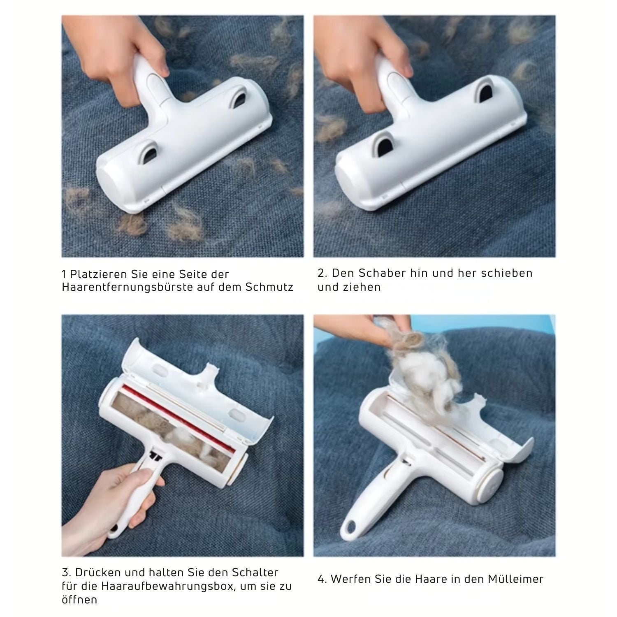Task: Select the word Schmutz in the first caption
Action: click(x=269, y=287)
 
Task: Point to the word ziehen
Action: click(x=361, y=288)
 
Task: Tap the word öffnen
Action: click(x=79, y=600)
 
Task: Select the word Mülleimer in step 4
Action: click(x=516, y=580)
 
